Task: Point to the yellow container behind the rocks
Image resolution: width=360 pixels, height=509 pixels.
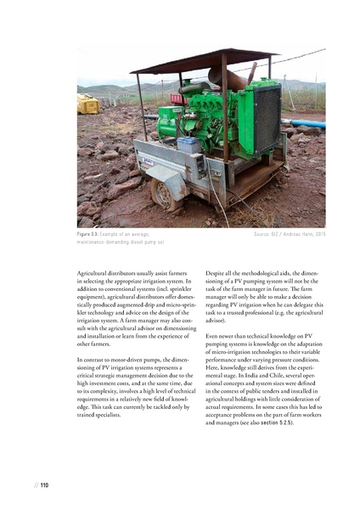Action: tap(88, 104)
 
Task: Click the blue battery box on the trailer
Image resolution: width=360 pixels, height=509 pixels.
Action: tap(188, 144)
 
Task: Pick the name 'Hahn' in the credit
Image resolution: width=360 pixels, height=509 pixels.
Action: tap(301, 232)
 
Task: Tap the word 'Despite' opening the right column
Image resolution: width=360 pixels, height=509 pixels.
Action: tap(217, 274)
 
